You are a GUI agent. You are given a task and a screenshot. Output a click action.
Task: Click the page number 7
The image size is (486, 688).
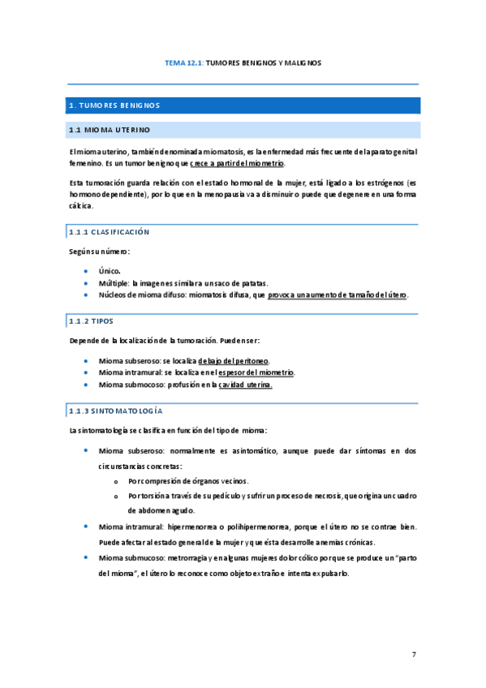414,653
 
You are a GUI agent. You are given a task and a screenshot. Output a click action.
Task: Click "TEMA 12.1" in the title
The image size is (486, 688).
183,62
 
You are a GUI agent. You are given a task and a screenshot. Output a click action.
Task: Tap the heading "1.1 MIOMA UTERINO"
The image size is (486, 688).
110,130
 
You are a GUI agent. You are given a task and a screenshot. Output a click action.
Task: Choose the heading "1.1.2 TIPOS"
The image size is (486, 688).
92,320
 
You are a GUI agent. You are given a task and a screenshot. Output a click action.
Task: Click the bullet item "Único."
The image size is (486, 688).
110,270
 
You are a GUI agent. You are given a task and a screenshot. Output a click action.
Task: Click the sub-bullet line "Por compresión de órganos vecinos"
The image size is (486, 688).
193,481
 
